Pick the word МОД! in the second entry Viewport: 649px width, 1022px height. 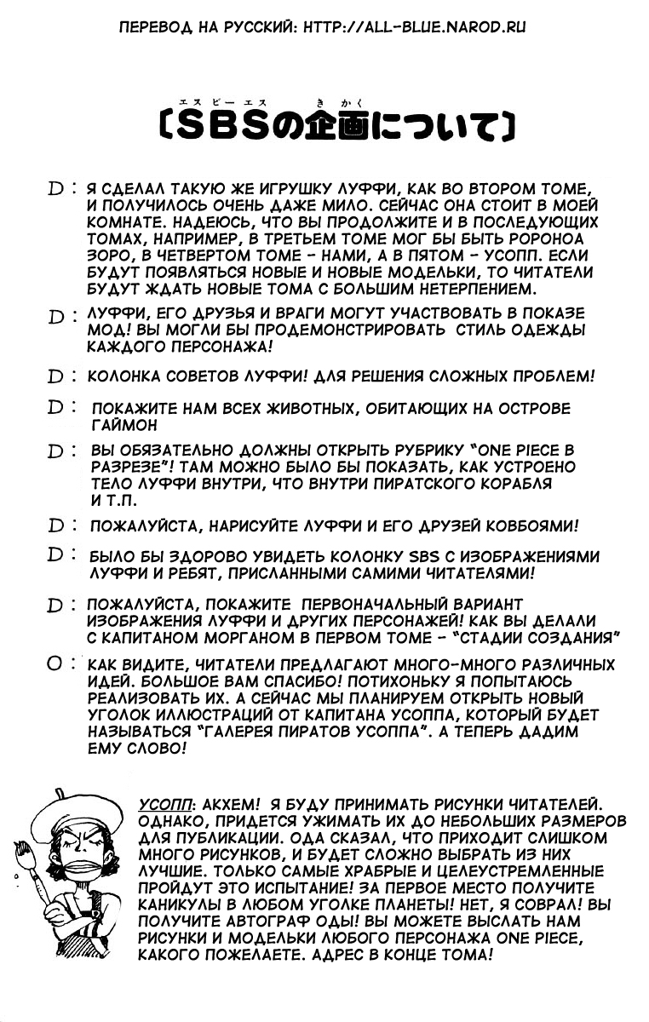point(106,331)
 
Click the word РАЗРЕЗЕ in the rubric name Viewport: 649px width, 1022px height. point(125,468)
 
